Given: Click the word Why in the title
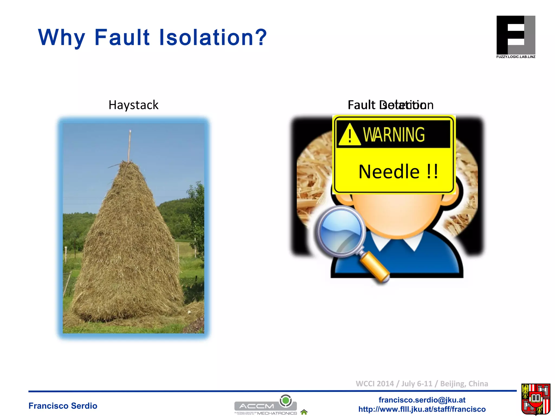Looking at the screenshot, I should (62, 38).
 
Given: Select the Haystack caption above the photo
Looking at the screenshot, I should (133, 105).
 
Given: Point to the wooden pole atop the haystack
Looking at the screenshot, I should (130, 146).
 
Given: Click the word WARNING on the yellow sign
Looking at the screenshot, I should (394, 135).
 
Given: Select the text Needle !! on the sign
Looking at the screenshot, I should (398, 172).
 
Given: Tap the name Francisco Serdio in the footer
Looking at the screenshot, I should (63, 406).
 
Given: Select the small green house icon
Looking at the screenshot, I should (304, 412).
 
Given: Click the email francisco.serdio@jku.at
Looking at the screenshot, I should (422, 400).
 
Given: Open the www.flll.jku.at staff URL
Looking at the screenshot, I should (422, 409).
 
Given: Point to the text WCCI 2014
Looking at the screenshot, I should (375, 383).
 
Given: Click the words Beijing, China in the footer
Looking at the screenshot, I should (464, 383).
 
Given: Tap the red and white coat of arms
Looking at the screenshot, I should (535, 399).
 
